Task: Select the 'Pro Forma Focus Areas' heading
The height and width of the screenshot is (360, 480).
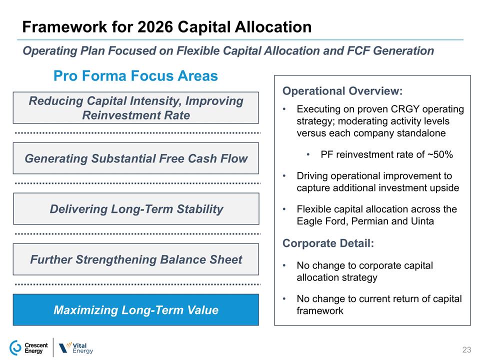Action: coord(135,76)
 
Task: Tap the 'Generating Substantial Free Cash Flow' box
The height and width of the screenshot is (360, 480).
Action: coord(135,158)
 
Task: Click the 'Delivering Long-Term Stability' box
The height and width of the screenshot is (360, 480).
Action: coord(135,209)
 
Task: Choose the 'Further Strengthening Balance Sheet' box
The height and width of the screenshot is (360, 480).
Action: coord(135,259)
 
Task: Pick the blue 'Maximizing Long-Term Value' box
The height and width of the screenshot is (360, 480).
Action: coord(135,310)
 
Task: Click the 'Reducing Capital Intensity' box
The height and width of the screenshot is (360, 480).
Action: coord(135,108)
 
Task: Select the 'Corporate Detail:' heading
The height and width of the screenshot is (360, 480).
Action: coord(328,243)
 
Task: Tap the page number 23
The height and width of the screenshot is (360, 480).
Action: coord(467,349)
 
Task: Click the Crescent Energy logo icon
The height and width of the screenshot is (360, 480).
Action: coord(15,348)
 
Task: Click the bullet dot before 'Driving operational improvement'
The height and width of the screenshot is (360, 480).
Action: coord(284,176)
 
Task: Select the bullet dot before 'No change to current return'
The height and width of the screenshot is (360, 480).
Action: coord(284,299)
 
